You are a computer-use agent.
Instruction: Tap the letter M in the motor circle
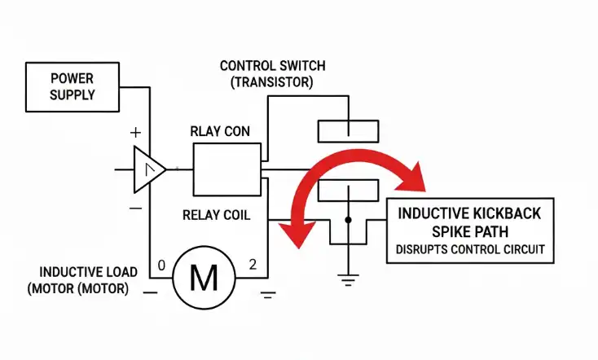point(204,278)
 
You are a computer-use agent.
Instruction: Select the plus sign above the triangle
point(135,132)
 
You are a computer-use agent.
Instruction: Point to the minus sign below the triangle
point(135,209)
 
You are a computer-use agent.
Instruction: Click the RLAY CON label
point(220,131)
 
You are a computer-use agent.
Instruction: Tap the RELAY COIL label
point(216,215)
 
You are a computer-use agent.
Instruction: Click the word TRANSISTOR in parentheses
point(272,82)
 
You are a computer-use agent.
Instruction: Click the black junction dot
point(348,220)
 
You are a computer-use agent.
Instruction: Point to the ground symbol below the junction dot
point(348,280)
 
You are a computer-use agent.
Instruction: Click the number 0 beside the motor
point(161,266)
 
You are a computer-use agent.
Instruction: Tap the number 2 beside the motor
point(253,264)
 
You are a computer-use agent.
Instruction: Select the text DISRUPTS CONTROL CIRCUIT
point(470,249)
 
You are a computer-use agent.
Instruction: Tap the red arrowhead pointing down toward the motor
point(298,234)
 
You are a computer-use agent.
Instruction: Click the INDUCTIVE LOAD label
point(89,272)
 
